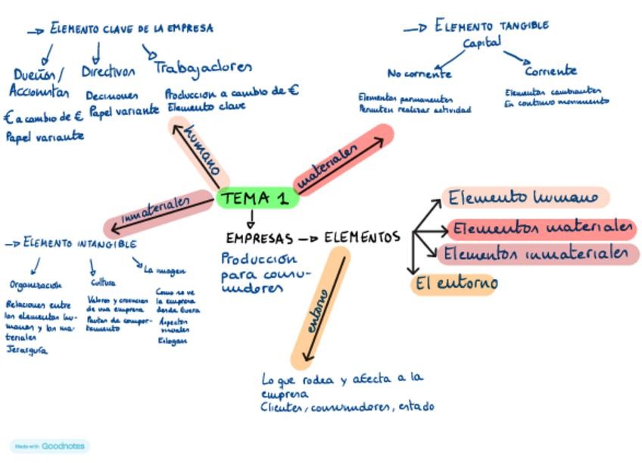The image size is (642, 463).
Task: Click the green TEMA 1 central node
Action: click(257, 199)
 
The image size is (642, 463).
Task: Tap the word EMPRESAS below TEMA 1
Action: click(259, 239)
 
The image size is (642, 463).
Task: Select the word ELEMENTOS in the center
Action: click(362, 238)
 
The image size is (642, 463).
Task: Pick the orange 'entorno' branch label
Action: click(318, 311)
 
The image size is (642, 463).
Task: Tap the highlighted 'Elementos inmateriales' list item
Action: click(537, 254)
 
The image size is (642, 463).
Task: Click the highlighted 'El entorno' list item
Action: click(454, 284)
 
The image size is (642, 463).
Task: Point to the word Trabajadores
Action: click(203, 67)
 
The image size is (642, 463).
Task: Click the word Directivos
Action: click(108, 72)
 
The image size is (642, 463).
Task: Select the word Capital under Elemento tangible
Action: click(482, 43)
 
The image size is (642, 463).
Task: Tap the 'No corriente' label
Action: click(419, 74)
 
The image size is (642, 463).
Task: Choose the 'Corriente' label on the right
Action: click(550, 71)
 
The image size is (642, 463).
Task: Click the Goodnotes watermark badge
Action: click(50, 446)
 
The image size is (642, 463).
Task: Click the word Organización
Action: click(36, 286)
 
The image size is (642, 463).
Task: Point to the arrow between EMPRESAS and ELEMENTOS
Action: click(308, 239)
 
